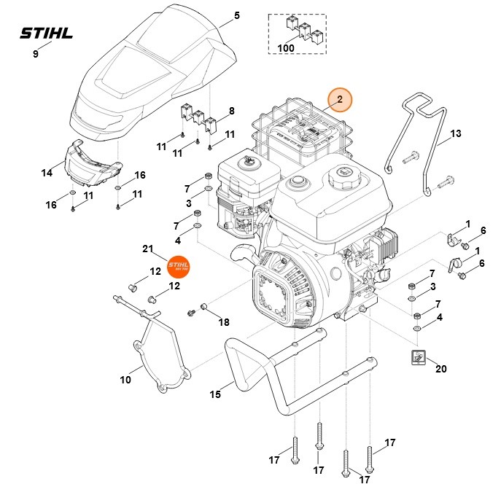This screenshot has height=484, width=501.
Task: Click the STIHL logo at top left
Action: coord(47,33)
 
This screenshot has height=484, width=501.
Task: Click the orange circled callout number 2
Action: coord(339,98)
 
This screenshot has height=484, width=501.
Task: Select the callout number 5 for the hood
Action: coord(236,15)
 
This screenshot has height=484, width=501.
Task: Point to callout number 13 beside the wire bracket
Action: coord(455,134)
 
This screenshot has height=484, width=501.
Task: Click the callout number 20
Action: coord(440,369)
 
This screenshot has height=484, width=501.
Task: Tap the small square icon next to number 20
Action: coord(418,357)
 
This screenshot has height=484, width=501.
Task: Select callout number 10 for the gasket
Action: coord(125,380)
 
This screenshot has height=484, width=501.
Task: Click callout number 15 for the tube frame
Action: coord(215,394)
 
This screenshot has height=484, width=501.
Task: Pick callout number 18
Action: coord(224,321)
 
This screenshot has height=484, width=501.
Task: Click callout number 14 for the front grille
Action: coord(47,173)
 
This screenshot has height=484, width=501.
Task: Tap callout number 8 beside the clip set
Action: coord(231,111)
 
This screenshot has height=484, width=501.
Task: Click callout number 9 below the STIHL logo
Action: coord(36,54)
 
